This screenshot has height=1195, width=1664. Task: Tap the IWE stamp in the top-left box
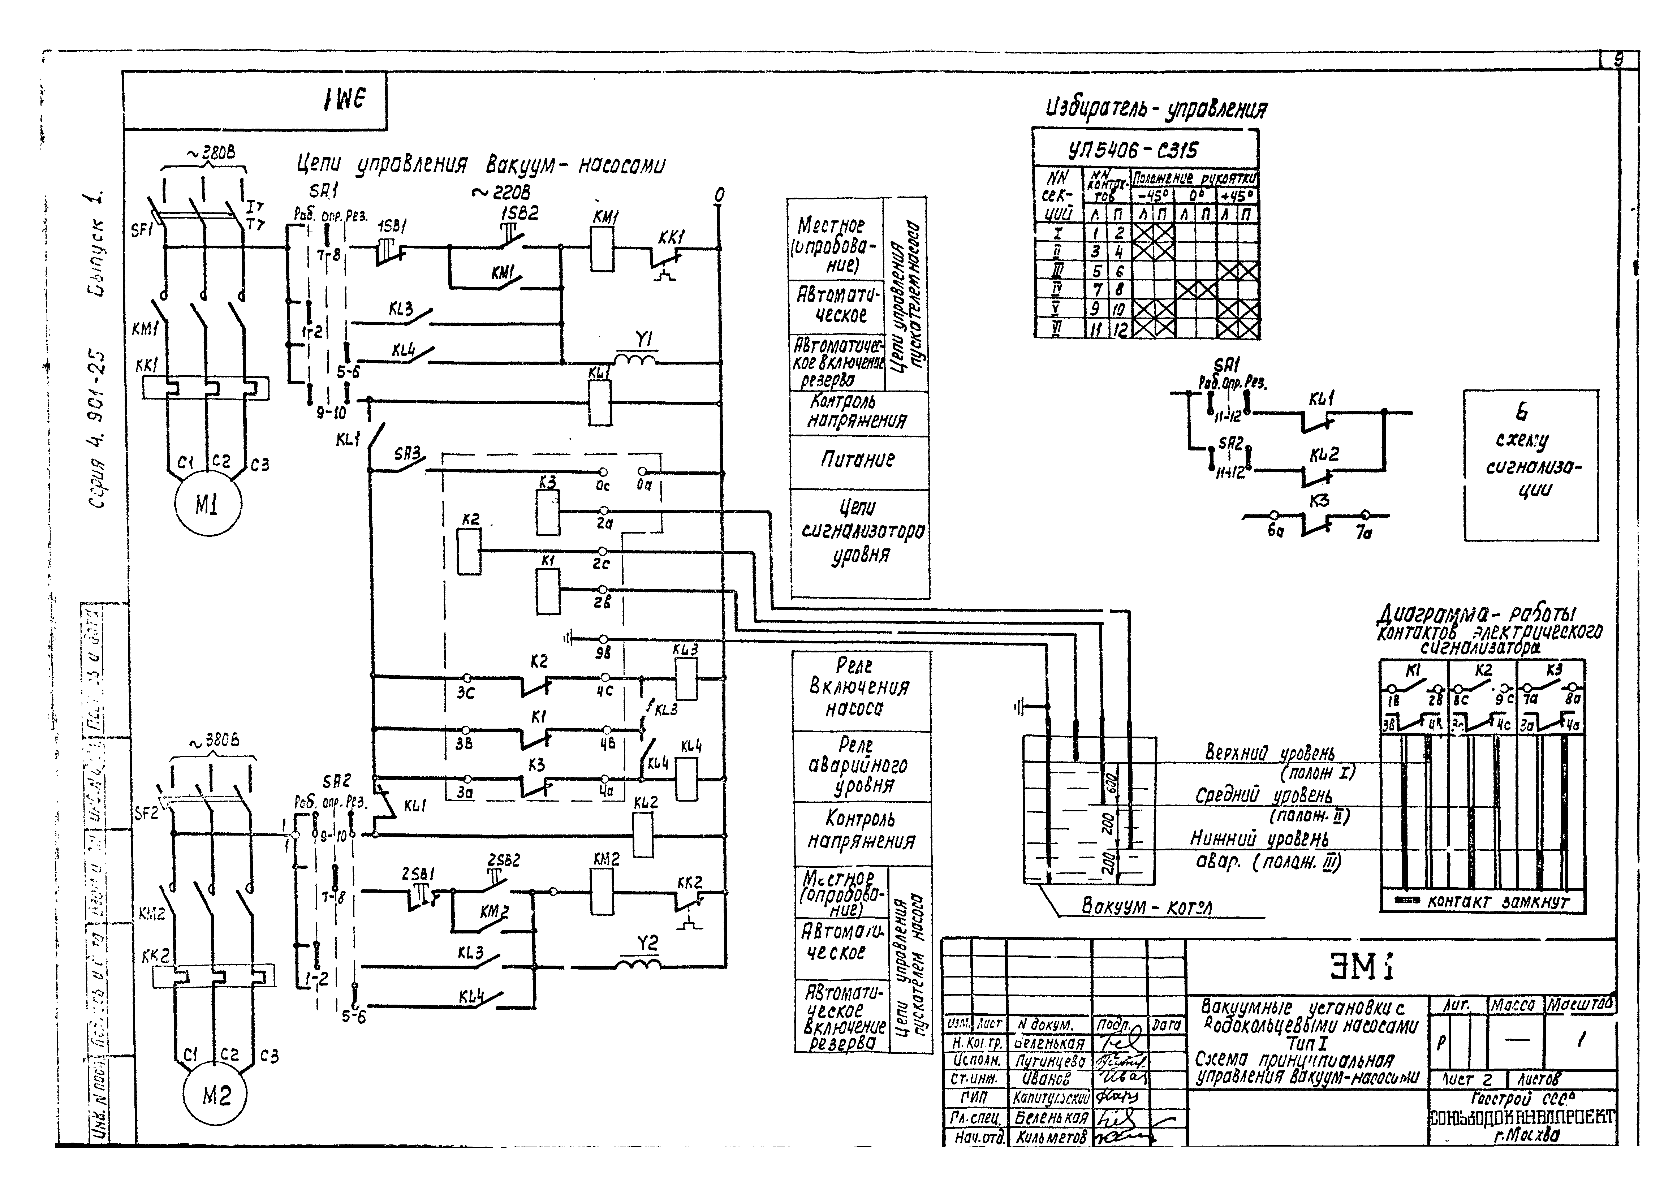(x=343, y=100)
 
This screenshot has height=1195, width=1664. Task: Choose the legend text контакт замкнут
(x=1497, y=902)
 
